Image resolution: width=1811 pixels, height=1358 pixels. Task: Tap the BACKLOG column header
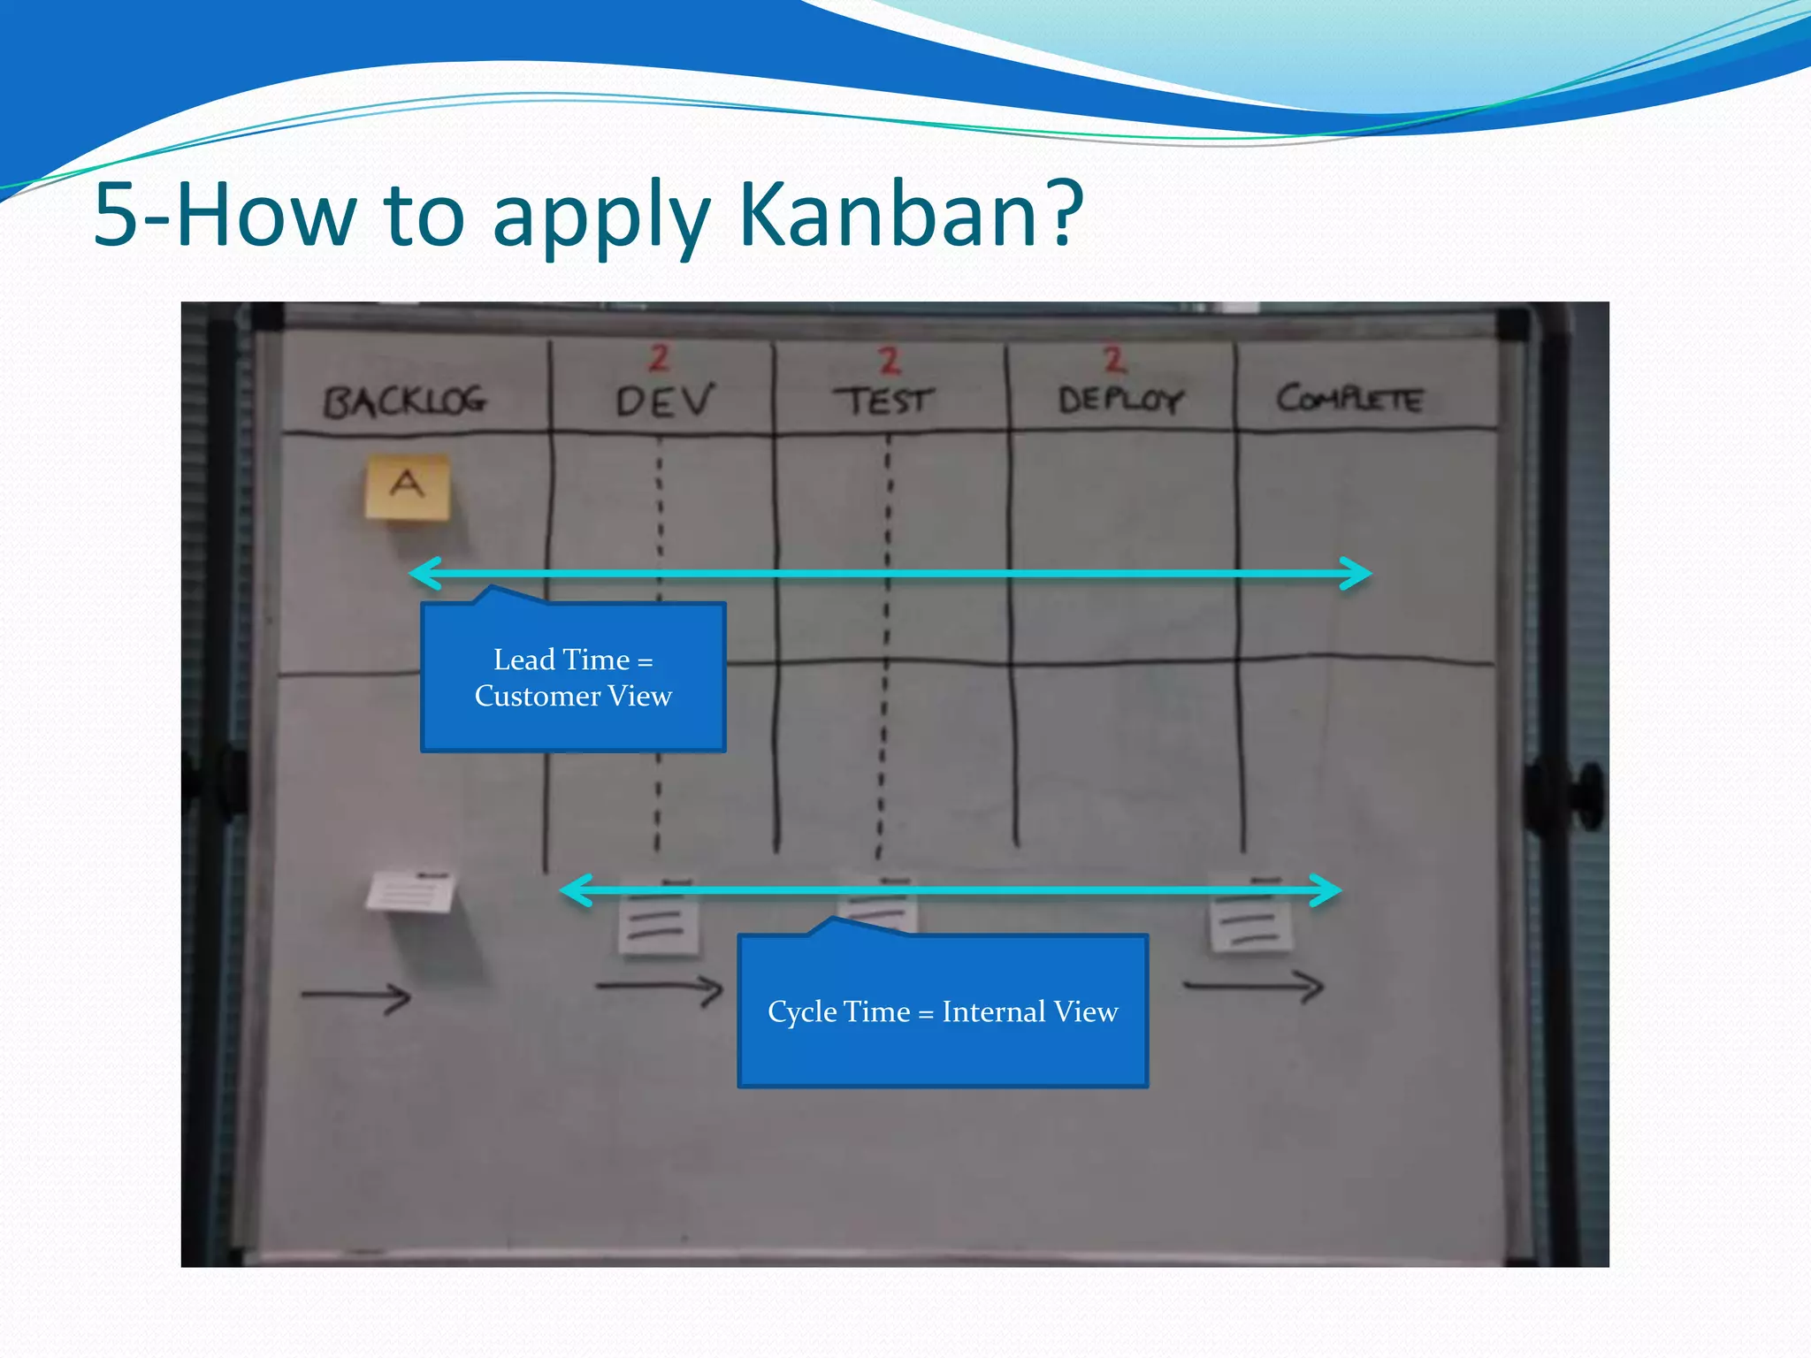pyautogui.click(x=404, y=401)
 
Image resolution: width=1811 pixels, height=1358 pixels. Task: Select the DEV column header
pyautogui.click(x=664, y=401)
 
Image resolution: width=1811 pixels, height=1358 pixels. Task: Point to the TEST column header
pyautogui.click(x=883, y=401)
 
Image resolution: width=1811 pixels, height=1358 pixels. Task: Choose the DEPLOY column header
pyautogui.click(x=1119, y=401)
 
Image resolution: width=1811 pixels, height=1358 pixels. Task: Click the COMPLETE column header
pyautogui.click(x=1349, y=399)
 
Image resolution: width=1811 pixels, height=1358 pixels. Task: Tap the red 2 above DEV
pyautogui.click(x=659, y=358)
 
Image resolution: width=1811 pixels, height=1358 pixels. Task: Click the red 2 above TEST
pyautogui.click(x=889, y=360)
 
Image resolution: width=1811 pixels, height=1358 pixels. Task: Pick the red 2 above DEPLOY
pyautogui.click(x=1114, y=359)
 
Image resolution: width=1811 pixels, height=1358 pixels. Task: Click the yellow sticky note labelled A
pyautogui.click(x=408, y=487)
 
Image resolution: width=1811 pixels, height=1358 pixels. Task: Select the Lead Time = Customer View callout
pyautogui.click(x=573, y=677)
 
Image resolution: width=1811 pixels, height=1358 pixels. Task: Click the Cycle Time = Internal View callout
pyautogui.click(x=943, y=1011)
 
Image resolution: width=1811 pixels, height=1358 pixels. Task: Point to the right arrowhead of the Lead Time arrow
pyautogui.click(x=1356, y=573)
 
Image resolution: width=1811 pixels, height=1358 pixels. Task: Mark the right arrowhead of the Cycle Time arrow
pyautogui.click(x=1326, y=890)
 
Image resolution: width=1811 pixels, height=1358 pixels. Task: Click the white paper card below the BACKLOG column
pyautogui.click(x=411, y=891)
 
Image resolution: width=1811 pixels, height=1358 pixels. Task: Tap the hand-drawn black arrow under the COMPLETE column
pyautogui.click(x=1255, y=986)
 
